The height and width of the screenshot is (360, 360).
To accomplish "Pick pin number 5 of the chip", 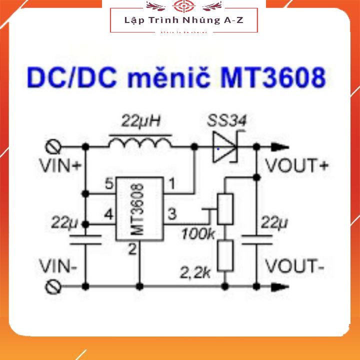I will [108, 184].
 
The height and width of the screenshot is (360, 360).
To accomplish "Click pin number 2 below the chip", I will [132, 249].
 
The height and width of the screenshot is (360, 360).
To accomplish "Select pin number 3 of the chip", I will [171, 214].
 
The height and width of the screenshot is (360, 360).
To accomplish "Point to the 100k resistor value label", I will [198, 233].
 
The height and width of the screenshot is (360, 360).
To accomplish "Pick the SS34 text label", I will [227, 120].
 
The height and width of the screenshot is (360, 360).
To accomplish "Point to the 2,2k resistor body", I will [226, 255].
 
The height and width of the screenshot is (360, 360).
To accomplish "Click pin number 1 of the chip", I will [171, 184].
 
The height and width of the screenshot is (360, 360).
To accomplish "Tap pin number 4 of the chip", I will [108, 214].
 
